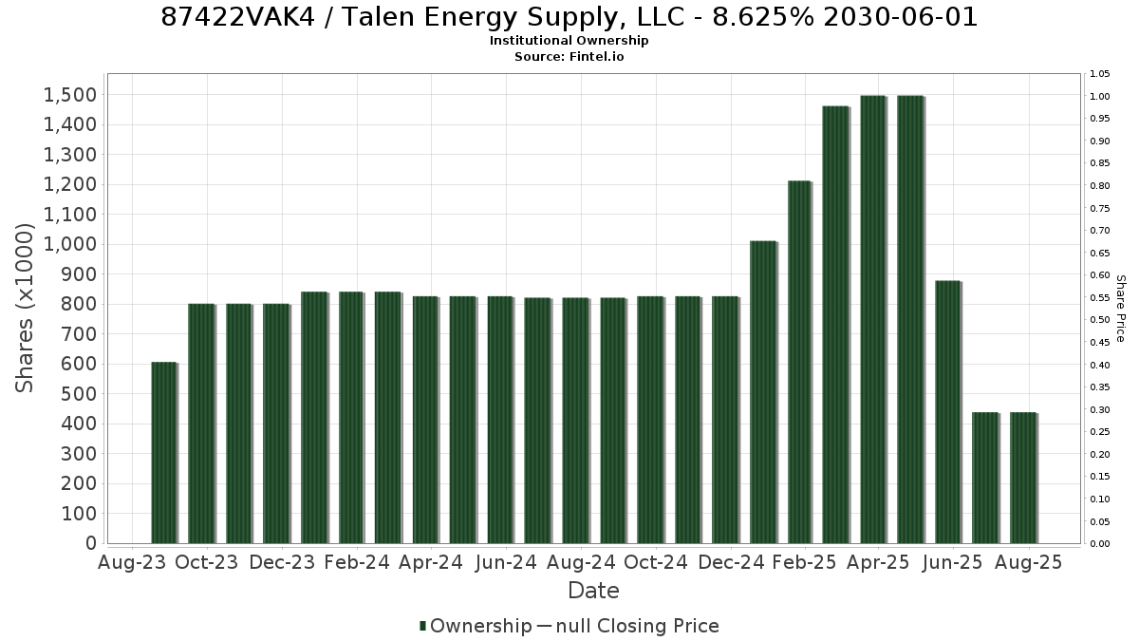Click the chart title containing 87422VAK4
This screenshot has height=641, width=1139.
coord(569,17)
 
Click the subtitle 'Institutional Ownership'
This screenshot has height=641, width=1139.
coord(569,41)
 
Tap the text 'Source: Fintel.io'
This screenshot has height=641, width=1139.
coord(569,57)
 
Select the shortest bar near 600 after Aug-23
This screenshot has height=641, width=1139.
coord(163,453)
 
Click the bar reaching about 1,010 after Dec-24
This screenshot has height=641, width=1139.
coord(763,392)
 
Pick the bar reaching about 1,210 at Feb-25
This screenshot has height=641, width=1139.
coord(799,362)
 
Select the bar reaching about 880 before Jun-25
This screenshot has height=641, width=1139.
coord(948,412)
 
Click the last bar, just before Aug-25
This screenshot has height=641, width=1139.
coord(1023,478)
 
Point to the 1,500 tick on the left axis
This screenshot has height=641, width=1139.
coord(70,95)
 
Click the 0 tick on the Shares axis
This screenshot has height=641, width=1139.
coord(91,543)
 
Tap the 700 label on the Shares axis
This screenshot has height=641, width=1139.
coord(79,334)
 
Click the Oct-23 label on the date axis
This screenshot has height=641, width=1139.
coord(207,562)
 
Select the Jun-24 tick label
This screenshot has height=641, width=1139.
coord(506,562)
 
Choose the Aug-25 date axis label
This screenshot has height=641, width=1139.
coord(1029,562)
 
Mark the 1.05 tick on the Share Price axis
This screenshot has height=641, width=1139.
coord(1099,74)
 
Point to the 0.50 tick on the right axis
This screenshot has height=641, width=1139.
coord(1099,320)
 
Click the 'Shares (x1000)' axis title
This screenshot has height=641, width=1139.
coord(25,309)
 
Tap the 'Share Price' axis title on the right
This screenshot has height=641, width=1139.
coord(1120,309)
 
